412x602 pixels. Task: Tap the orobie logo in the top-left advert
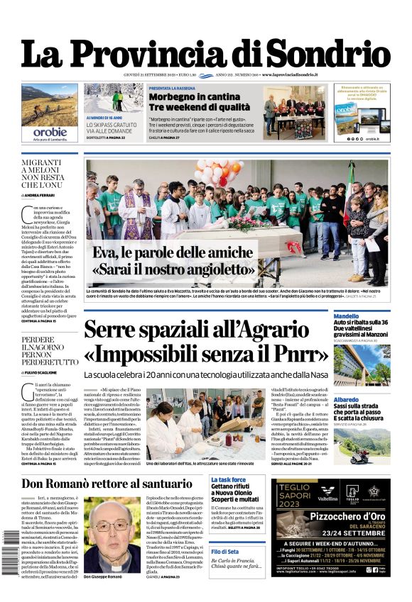pyautogui.click(x=50, y=132)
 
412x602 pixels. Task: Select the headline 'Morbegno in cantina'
pyautogui.click(x=185, y=96)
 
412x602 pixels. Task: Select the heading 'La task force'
pyautogui.click(x=229, y=480)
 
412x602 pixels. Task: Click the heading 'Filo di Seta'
pyautogui.click(x=224, y=552)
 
